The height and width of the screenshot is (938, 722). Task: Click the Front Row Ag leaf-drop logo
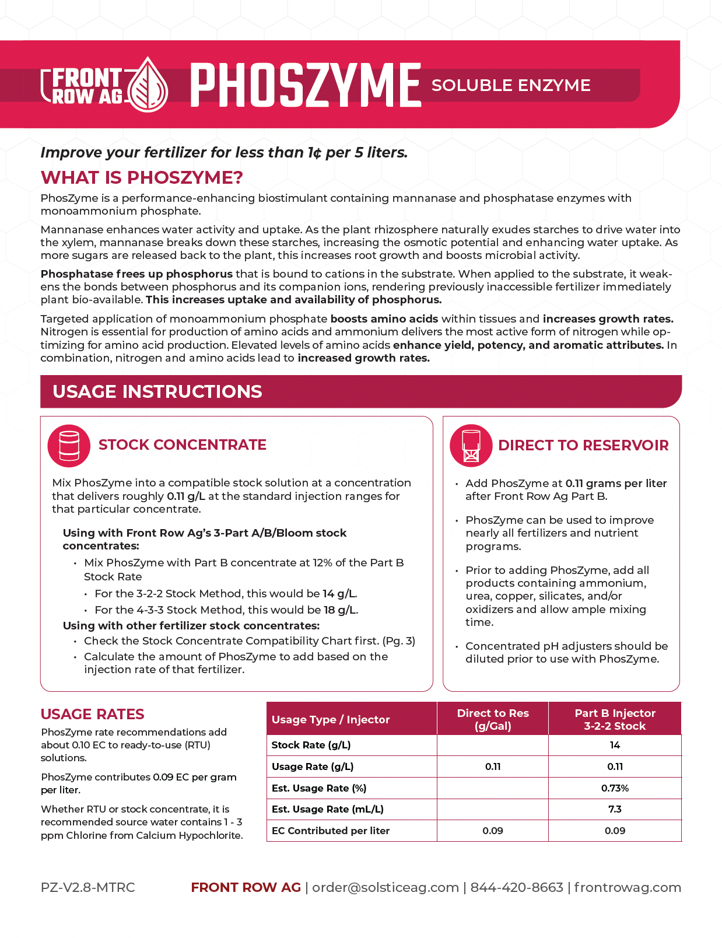pyautogui.click(x=148, y=85)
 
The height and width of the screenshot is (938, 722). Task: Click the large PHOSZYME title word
pyautogui.click(x=306, y=86)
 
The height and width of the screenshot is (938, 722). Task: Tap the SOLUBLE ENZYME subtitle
pyautogui.click(x=511, y=85)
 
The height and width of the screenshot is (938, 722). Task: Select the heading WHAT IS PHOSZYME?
pyautogui.click(x=142, y=177)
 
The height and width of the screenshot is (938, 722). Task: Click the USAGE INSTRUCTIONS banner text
pyautogui.click(x=157, y=391)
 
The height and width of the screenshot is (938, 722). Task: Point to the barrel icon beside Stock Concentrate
pyautogui.click(x=69, y=446)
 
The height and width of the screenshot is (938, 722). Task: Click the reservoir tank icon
pyautogui.click(x=471, y=446)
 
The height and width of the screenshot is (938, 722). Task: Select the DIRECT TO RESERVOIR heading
pyautogui.click(x=583, y=446)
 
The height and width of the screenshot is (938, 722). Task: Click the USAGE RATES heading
pyautogui.click(x=93, y=714)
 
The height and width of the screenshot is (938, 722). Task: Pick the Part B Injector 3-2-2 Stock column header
pyautogui.click(x=615, y=719)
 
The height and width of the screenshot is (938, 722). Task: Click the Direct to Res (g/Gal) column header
pyautogui.click(x=493, y=719)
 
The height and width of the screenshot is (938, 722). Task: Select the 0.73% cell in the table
pyautogui.click(x=615, y=788)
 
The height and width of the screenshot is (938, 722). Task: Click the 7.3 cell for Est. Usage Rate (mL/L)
pyautogui.click(x=615, y=809)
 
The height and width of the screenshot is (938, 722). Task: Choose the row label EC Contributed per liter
pyautogui.click(x=331, y=831)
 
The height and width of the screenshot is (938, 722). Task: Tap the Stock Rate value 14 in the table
pyautogui.click(x=615, y=745)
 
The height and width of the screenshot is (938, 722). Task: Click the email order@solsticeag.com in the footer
pyautogui.click(x=385, y=887)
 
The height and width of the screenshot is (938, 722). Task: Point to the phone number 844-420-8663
pyautogui.click(x=517, y=887)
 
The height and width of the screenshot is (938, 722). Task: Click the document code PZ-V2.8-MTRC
pyautogui.click(x=88, y=887)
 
